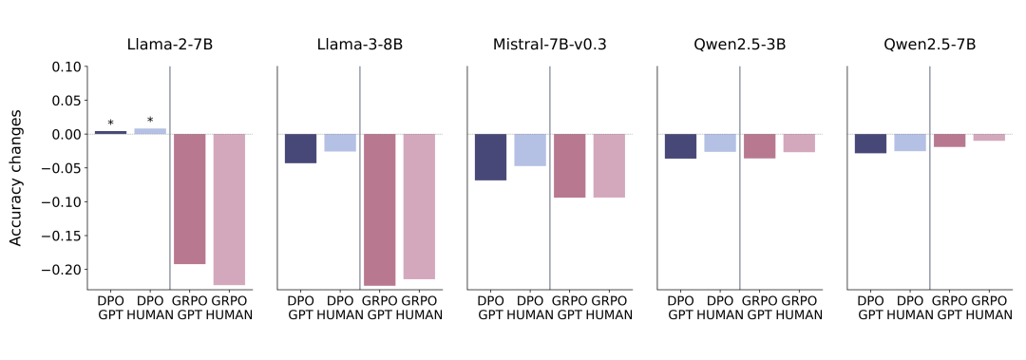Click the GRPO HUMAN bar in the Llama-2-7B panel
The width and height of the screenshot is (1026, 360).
click(x=229, y=210)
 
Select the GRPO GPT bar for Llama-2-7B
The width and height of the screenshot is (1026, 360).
click(x=190, y=199)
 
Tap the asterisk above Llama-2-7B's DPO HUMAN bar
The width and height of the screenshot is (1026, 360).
click(x=150, y=121)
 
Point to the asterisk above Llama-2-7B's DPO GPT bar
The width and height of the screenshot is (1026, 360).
click(x=110, y=123)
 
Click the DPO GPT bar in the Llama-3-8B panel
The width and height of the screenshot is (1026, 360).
click(x=301, y=148)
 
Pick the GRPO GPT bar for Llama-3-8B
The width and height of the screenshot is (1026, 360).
click(x=379, y=210)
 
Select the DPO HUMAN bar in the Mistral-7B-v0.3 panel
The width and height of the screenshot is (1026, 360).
click(x=530, y=150)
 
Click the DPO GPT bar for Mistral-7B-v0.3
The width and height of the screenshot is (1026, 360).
click(x=491, y=157)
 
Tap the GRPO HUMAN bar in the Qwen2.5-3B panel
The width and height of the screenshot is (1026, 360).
click(x=799, y=143)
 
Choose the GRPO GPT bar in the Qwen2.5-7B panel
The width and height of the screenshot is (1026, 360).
click(x=949, y=141)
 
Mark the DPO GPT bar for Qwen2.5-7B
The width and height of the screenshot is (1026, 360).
click(x=871, y=144)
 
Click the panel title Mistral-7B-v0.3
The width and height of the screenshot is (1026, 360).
click(x=549, y=46)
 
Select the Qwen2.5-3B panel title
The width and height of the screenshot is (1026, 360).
click(x=739, y=46)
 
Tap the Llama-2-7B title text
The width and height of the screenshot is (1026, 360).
click(x=169, y=46)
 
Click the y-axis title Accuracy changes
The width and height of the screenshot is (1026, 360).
click(x=17, y=178)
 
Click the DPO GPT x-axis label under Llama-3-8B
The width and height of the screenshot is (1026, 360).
click(x=301, y=308)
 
